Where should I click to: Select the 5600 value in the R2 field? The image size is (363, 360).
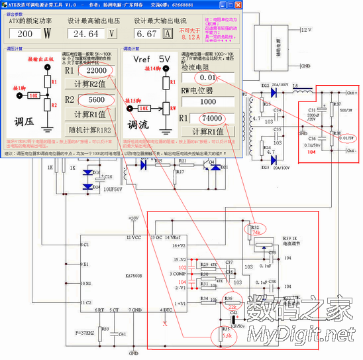(x=95, y=100)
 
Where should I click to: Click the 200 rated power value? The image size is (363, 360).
(x=26, y=33)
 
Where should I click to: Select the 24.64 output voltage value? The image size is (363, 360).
(x=86, y=33)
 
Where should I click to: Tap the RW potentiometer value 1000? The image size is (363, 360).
(x=208, y=102)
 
